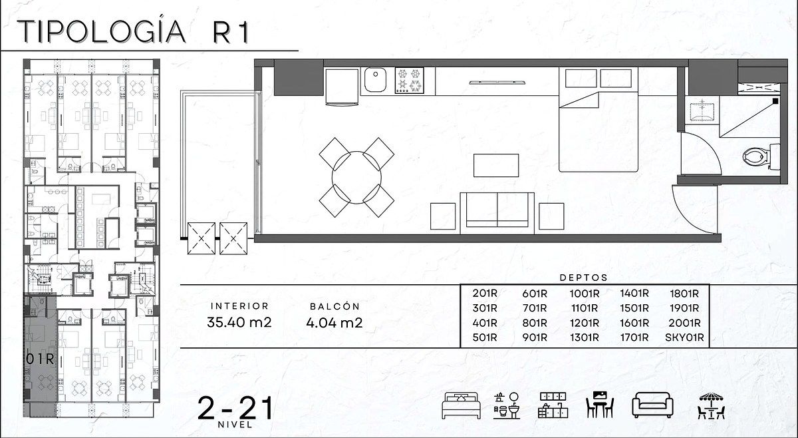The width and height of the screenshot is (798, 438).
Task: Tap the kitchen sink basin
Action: [x=375, y=79]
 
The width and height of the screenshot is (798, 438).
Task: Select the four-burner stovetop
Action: [x=410, y=81]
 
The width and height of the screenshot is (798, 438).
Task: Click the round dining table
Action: [x=356, y=177]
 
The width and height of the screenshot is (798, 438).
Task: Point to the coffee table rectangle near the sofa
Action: [x=496, y=165]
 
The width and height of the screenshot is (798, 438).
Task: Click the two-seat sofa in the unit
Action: [x=497, y=213]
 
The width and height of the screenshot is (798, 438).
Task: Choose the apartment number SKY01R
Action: [x=684, y=337]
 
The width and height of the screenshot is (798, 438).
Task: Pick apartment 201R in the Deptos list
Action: [x=485, y=293]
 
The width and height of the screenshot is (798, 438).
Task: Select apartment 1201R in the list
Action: [x=585, y=323]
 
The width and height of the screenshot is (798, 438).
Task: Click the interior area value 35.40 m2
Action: [x=239, y=322]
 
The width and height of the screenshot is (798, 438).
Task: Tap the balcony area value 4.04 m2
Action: [x=334, y=322]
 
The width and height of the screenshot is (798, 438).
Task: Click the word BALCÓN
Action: [x=334, y=306]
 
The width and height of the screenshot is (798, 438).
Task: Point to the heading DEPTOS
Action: [x=584, y=278]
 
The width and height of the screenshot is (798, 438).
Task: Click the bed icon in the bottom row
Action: [x=461, y=405]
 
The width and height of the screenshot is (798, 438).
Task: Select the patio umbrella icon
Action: [x=711, y=405]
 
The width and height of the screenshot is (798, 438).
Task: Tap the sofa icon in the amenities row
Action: [x=652, y=405]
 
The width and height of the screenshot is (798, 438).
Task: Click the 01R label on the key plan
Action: [x=40, y=359]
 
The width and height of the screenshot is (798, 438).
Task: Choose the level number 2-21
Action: [x=235, y=408]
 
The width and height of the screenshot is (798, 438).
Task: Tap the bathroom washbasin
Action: [x=702, y=112]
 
